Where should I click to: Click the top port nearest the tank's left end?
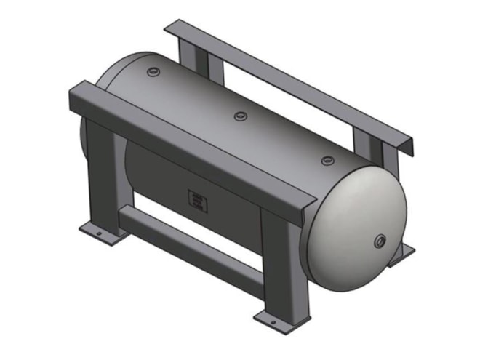coord(153,72)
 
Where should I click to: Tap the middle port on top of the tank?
coord(240,116)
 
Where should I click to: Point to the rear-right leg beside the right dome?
coord(374,151)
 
